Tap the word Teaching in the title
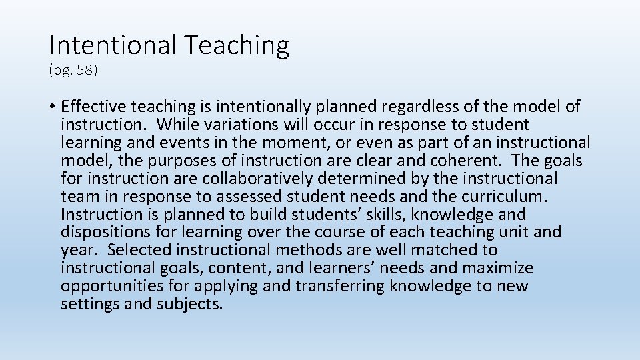(x=237, y=45)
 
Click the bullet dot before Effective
(x=52, y=107)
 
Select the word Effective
(x=93, y=107)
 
